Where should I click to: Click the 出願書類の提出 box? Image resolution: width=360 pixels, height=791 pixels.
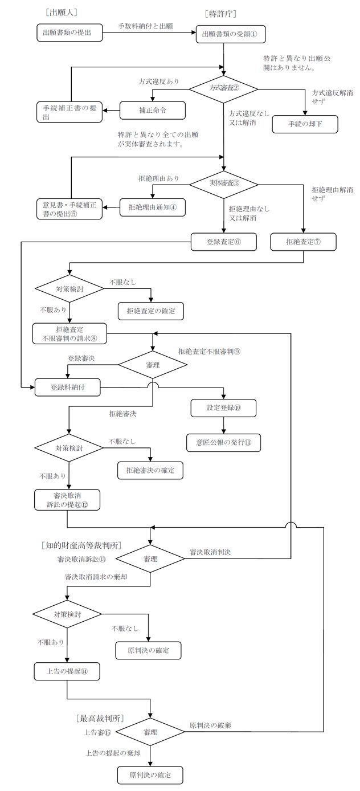(x=70, y=33)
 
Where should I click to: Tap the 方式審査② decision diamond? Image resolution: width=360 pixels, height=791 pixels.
(x=223, y=88)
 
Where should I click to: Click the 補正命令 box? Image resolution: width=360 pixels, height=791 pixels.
(x=153, y=108)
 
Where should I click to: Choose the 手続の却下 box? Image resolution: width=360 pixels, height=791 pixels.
(x=305, y=124)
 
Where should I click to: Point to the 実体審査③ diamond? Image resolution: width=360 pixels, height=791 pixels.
(x=223, y=184)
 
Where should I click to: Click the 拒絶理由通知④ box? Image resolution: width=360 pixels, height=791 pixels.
(x=153, y=207)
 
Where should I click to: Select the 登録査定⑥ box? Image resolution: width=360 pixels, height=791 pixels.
(x=223, y=241)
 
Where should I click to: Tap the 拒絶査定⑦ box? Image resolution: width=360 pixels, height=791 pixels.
(x=303, y=241)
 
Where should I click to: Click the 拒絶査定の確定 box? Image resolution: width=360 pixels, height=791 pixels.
(x=152, y=311)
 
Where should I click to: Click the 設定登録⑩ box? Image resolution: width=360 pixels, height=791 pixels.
(x=224, y=407)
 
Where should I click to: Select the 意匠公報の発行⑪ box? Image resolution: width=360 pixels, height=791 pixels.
(x=224, y=442)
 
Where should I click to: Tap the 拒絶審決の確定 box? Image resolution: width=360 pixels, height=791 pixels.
(x=152, y=470)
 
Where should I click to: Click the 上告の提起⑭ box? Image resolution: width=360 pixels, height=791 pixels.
(x=67, y=671)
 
